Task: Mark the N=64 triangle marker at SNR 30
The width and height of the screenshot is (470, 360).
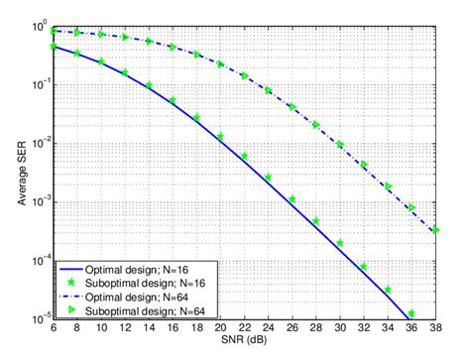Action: (340, 145)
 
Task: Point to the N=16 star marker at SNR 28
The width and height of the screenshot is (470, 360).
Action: (316, 221)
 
